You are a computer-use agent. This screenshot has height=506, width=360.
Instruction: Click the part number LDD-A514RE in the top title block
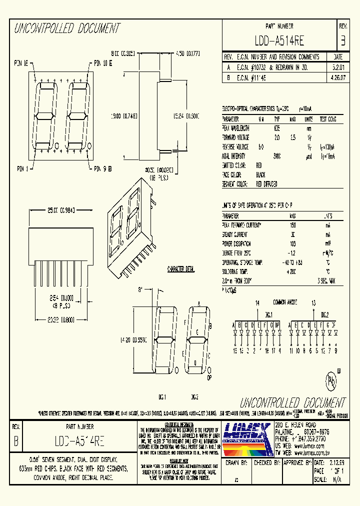coord(279,40)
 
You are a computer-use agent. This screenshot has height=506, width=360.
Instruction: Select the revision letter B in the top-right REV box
coord(342,40)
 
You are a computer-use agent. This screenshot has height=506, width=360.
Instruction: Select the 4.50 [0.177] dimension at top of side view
coord(188,53)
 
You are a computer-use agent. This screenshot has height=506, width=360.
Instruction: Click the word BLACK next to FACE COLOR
coord(261,174)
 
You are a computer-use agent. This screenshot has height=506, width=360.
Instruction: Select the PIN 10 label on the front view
coord(102,63)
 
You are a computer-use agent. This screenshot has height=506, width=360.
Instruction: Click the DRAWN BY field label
coord(237,463)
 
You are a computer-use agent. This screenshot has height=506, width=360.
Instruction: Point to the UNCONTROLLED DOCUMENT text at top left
coord(66,28)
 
